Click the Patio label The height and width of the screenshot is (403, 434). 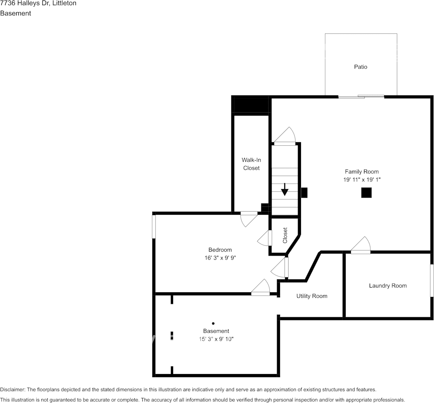pos(361,66)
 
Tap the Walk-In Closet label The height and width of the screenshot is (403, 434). pos(252,164)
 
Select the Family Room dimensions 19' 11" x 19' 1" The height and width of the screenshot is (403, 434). pos(362,179)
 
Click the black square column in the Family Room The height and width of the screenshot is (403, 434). pos(367,193)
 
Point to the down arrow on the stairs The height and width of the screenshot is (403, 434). pos(284,190)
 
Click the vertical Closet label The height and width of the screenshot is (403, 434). pos(285,236)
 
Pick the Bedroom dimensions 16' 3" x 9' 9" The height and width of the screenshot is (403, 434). pos(220,258)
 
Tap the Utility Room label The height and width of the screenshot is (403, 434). pos(312,296)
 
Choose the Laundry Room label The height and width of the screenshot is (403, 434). pos(388,286)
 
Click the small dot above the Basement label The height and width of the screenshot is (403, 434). pos(213,323)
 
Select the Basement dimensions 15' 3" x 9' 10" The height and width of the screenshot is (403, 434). pos(216,339)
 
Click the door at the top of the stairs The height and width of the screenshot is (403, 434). pos(285,136)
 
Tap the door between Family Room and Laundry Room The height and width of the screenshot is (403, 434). pos(361,245)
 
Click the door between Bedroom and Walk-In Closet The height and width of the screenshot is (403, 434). pos(249,219)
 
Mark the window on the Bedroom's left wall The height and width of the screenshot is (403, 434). pos(154,227)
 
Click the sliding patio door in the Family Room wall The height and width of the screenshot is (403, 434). pos(361,97)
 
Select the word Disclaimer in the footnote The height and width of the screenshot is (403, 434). pos(12,389)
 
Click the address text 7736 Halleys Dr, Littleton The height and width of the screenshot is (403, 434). pos(38,3)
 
